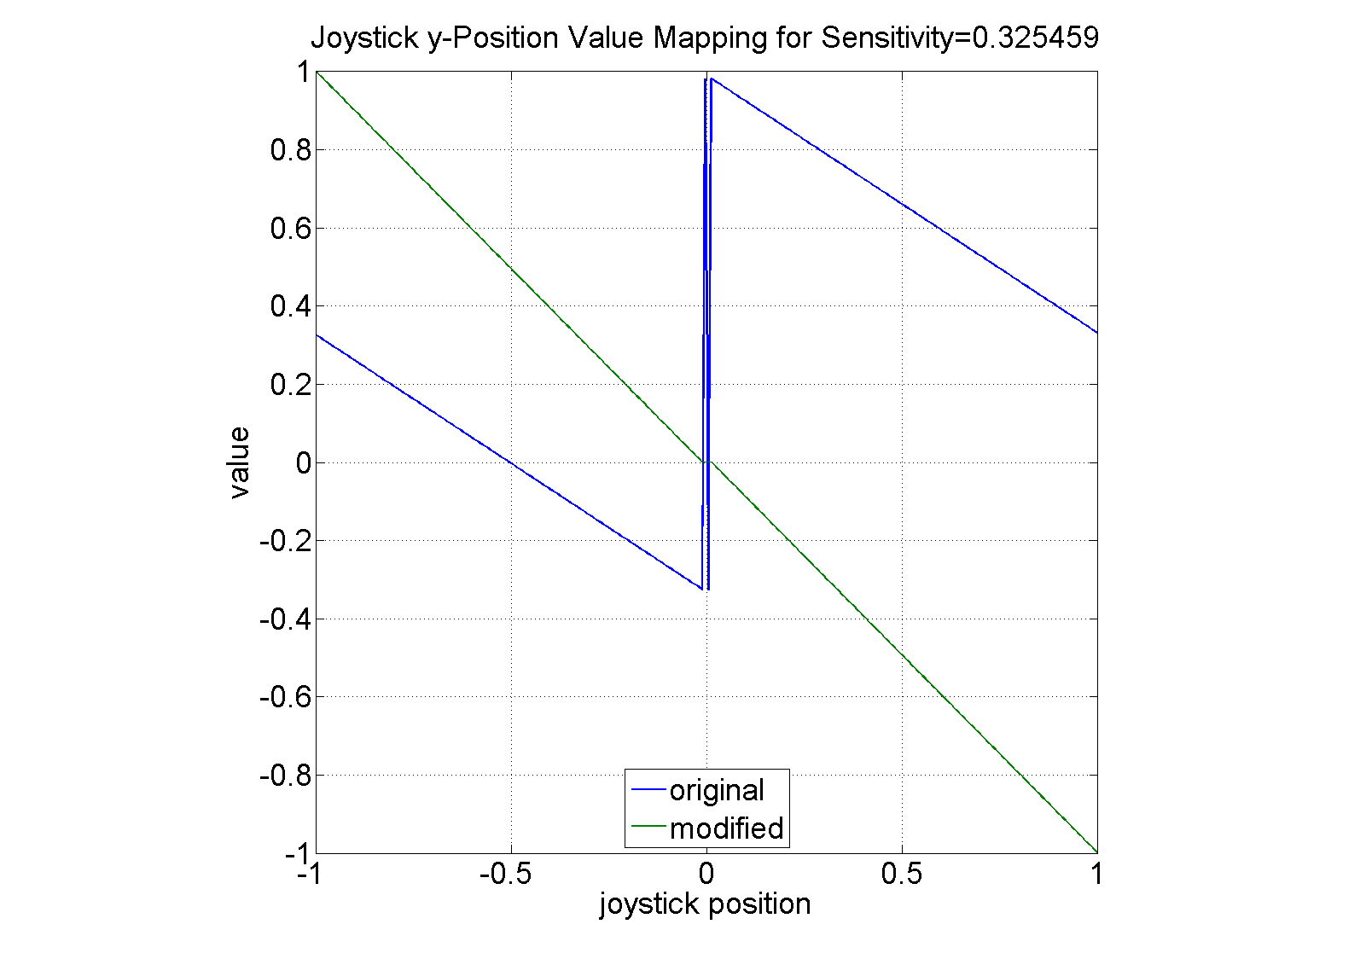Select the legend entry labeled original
(717, 791)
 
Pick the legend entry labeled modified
(726, 828)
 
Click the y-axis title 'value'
(240, 462)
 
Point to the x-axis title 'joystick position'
(705, 904)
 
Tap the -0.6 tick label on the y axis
(284, 697)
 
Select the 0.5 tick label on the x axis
(902, 875)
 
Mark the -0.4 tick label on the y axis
(284, 619)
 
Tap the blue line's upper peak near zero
(711, 78)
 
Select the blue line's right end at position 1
(1096, 333)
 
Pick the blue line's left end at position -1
(317, 335)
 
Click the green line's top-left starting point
(317, 73)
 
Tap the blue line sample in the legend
(648, 791)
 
